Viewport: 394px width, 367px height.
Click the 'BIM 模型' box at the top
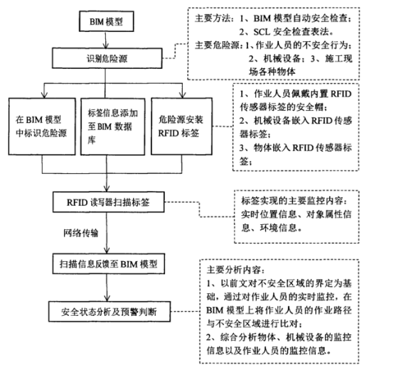102,22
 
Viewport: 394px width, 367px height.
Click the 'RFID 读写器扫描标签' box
107,202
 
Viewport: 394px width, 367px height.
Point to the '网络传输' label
79,231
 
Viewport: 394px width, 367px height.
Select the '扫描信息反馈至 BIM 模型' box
107,263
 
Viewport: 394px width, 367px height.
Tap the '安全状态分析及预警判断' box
106,310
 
